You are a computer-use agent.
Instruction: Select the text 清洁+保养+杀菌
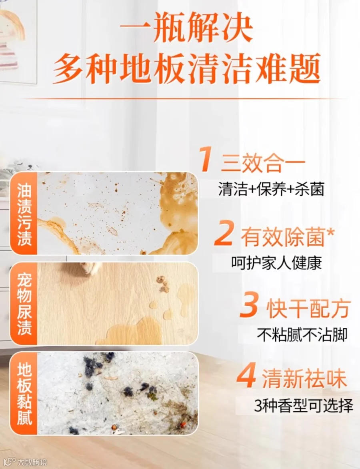coord(271,189)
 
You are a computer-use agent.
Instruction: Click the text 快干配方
coord(308,309)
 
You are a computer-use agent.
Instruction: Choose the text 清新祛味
coord(304,379)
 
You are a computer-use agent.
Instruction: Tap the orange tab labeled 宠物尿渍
coord(24,304)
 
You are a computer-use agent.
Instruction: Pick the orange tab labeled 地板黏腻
coord(24,393)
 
